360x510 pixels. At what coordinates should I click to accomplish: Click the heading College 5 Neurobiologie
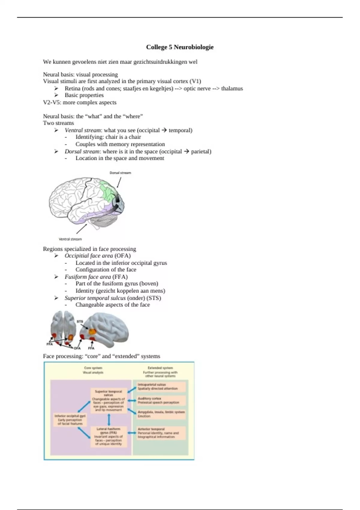coord(180,47)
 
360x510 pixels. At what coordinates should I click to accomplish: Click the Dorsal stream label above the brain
coord(120,173)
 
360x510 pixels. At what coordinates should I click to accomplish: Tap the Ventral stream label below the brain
coord(70,239)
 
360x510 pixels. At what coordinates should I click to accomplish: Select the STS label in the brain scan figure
coord(79,321)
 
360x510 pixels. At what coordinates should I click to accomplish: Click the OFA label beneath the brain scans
coord(77,348)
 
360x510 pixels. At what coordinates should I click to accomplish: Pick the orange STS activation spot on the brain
coord(92,331)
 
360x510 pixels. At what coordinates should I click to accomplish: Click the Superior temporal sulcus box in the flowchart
coord(109,400)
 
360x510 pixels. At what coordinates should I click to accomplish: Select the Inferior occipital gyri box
coord(70,420)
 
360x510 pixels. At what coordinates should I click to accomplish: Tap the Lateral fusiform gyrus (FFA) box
coord(108,436)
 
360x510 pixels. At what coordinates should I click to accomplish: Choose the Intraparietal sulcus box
coord(161,386)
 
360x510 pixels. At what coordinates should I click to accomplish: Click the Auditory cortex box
coord(161,400)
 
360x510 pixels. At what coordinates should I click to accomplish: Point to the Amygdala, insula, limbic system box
coord(161,414)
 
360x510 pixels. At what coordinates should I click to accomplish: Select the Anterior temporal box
coord(161,433)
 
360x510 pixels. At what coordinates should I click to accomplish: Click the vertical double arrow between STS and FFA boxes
coord(109,419)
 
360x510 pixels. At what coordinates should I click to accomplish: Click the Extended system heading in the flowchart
coord(160,368)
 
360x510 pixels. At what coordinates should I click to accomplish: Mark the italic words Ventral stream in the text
coord(82,130)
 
